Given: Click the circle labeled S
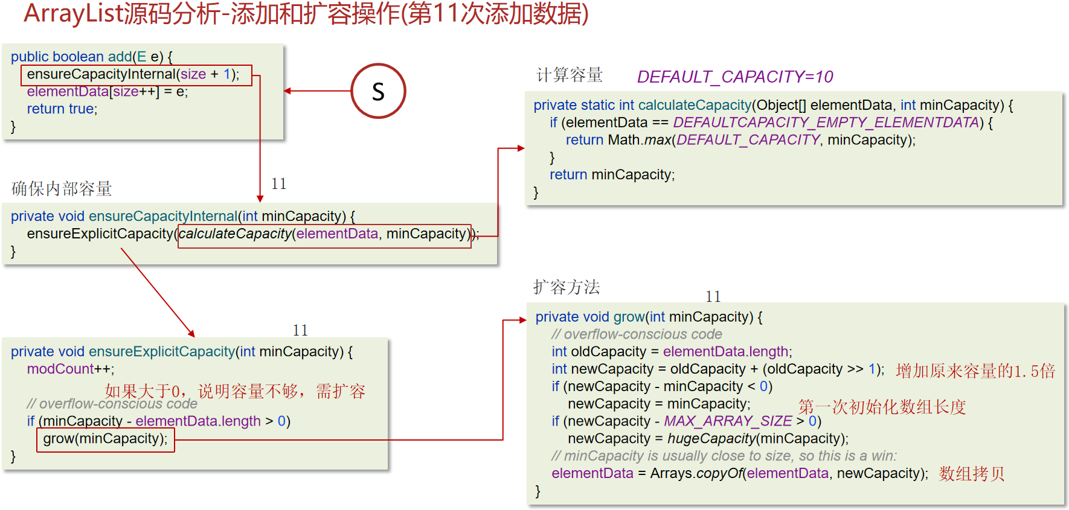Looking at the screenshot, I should click(x=378, y=91).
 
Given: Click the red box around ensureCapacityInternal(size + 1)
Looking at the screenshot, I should click(x=136, y=75).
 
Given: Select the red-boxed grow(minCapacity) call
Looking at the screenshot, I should click(x=105, y=439).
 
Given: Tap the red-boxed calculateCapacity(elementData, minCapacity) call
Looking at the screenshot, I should click(x=324, y=234).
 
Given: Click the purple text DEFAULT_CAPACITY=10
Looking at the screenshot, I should click(x=734, y=77).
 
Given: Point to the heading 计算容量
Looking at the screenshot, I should click(x=569, y=75).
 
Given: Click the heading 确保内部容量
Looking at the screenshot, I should click(x=62, y=189).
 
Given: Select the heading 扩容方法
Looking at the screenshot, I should click(x=566, y=287).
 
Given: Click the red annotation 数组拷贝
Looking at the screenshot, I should click(x=971, y=474).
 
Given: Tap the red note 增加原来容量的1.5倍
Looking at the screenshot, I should click(x=975, y=371).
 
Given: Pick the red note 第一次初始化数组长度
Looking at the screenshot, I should click(x=882, y=407).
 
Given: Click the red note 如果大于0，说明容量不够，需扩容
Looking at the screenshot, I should click(x=235, y=391).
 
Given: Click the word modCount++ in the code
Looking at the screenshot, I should click(x=70, y=369).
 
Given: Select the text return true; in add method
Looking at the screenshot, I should click(x=62, y=109).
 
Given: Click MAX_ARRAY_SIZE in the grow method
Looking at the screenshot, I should click(x=727, y=421).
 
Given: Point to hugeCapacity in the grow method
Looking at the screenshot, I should click(x=711, y=439).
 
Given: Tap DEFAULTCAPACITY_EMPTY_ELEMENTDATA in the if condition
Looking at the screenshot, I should click(x=825, y=123).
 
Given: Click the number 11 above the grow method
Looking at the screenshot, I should click(x=713, y=296).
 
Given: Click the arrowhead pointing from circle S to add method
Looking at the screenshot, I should click(x=287, y=91).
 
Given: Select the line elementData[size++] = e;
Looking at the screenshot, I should click(x=107, y=92).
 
